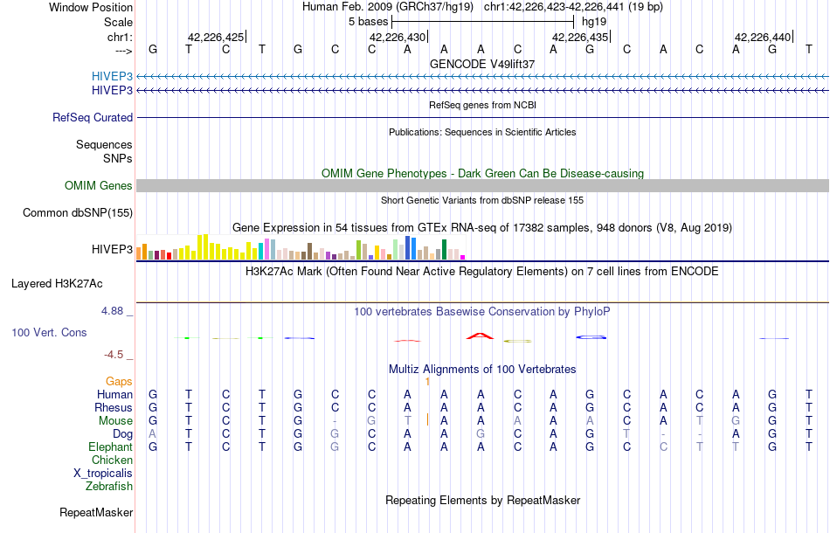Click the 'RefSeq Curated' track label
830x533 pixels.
pyautogui.click(x=93, y=117)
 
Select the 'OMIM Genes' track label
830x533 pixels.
pyautogui.click(x=99, y=185)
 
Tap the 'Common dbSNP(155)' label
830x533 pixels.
pyautogui.click(x=78, y=212)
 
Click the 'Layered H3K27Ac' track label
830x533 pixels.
pyautogui.click(x=57, y=283)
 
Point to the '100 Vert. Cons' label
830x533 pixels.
pyautogui.click(x=49, y=333)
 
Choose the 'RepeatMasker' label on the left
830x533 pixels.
pyautogui.click(x=96, y=512)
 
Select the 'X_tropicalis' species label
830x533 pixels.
pyautogui.click(x=103, y=473)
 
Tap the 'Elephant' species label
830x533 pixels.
pyautogui.click(x=110, y=446)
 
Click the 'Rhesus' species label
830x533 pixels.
pyautogui.click(x=114, y=407)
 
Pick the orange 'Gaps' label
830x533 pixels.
pyautogui.click(x=119, y=381)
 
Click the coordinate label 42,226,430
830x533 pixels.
pyautogui.click(x=398, y=37)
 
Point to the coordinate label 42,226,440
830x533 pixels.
pyautogui.click(x=763, y=37)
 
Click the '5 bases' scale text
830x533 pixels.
pyautogui.click(x=368, y=21)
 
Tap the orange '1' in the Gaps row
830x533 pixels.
pyautogui.click(x=427, y=381)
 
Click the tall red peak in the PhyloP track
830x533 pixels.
pyautogui.click(x=479, y=336)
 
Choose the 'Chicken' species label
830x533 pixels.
pyautogui.click(x=112, y=460)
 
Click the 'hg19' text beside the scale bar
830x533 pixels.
pyautogui.click(x=594, y=21)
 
